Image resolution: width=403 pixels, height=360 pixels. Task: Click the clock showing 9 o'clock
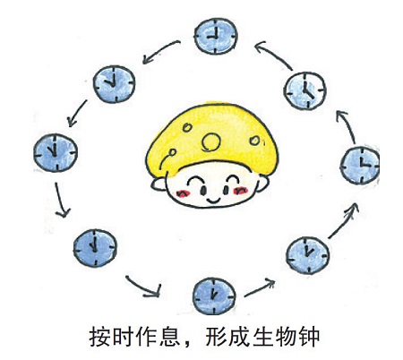point(216,36)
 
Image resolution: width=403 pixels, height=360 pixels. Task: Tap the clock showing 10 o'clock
point(114,84)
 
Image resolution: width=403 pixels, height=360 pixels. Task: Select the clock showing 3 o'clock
point(360,166)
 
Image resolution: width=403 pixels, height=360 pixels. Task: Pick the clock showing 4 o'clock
point(304,90)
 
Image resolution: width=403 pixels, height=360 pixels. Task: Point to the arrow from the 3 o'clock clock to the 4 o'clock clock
point(347,127)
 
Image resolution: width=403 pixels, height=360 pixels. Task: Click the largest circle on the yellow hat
point(211,141)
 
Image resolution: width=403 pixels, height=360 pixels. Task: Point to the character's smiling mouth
point(213,200)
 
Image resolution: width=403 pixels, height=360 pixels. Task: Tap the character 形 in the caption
point(216,338)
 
